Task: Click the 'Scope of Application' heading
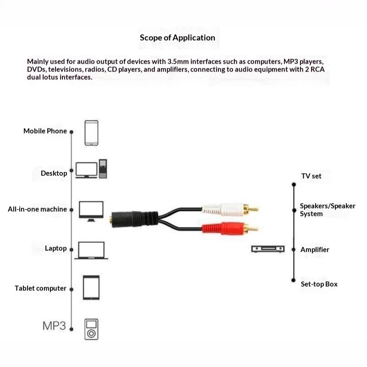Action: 178,38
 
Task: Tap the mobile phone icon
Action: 91,133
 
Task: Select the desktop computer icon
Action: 91,169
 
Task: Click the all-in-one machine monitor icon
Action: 91,211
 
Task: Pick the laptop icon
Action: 91,250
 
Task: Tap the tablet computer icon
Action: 91,288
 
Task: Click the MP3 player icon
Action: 91,329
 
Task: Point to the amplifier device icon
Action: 268,249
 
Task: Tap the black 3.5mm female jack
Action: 133,219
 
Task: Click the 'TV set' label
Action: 311,176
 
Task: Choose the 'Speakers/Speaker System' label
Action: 328,210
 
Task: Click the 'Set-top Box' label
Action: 319,284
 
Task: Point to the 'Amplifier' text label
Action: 315,250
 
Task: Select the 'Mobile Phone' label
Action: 45,131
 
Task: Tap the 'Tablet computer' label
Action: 40,288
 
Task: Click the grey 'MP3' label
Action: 54,326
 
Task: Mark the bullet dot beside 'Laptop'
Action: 72,250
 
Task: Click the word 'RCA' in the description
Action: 317,69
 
